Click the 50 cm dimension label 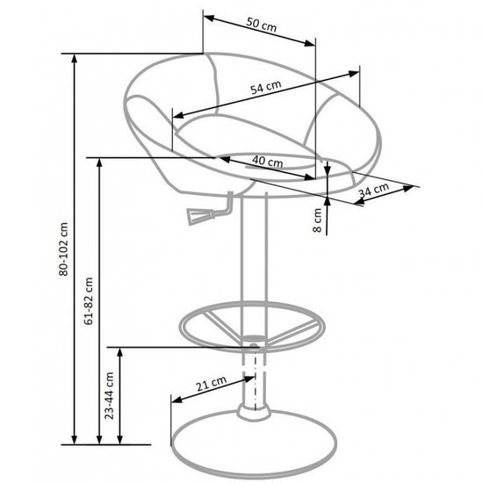[262, 25]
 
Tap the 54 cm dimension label [266, 87]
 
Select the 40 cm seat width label [267, 161]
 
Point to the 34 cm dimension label [373, 190]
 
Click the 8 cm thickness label [317, 220]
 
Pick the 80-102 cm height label [63, 249]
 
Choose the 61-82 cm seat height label [89, 301]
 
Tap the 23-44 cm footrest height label [109, 395]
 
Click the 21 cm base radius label [212, 383]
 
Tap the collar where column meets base [253, 412]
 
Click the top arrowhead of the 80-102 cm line [74, 59]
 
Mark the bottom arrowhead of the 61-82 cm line [99, 440]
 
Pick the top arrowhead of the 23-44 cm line [120, 352]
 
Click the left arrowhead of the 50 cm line [208, 18]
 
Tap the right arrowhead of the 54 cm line [354, 74]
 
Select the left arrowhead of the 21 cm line [177, 400]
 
